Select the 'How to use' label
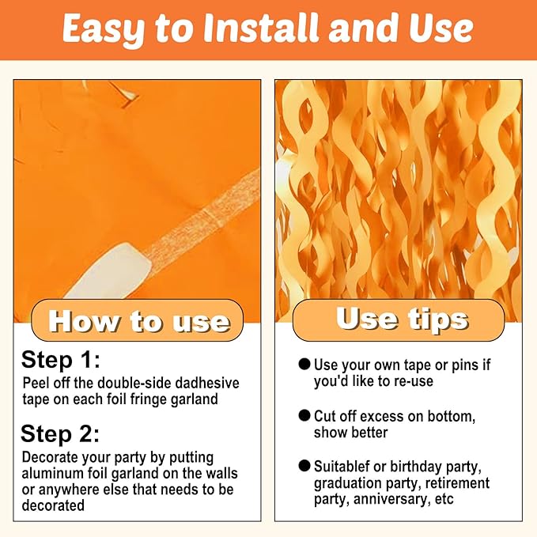click(x=138, y=321)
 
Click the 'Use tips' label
click(x=402, y=320)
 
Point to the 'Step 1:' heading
click(x=61, y=360)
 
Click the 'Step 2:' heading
click(x=60, y=433)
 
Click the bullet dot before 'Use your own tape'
click(x=304, y=364)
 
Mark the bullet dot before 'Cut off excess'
click(x=304, y=415)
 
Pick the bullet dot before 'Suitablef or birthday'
click(x=304, y=466)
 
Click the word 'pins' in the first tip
click(x=465, y=365)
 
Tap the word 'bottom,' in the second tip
click(x=452, y=417)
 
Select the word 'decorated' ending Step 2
click(x=53, y=505)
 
